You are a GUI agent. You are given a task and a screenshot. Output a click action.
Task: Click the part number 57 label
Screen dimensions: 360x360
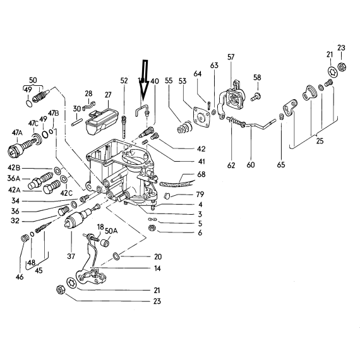pyautogui.click(x=231, y=57)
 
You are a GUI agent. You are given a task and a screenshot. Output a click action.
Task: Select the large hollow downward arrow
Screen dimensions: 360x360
pyautogui.click(x=144, y=80)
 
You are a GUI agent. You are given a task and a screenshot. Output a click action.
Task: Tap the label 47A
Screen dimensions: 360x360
pyautogui.click(x=18, y=133)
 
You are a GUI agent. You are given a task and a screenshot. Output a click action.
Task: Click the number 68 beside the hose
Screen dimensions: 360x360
pyautogui.click(x=201, y=174)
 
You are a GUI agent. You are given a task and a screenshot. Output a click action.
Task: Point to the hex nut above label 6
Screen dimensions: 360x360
pyautogui.click(x=152, y=228)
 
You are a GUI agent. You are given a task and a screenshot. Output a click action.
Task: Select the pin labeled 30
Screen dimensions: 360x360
pyautogui.click(x=76, y=122)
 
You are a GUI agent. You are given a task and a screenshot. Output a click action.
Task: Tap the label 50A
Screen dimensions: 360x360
pyautogui.click(x=111, y=231)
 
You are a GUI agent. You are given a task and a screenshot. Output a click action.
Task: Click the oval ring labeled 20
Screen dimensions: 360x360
pyautogui.click(x=116, y=256)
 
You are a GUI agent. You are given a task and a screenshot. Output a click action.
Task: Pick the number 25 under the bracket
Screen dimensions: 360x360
pyautogui.click(x=320, y=141)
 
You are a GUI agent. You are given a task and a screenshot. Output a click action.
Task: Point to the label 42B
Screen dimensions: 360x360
pyautogui.click(x=14, y=168)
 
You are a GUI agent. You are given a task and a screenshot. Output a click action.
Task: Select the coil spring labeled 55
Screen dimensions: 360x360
pyautogui.click(x=184, y=128)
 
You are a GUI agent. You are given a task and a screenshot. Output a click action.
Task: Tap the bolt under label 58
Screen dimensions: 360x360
pyautogui.click(x=255, y=97)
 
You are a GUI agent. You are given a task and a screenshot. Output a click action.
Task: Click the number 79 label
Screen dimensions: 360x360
pyautogui.click(x=200, y=195)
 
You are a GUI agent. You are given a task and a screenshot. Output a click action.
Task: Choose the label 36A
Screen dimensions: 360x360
pyautogui.click(x=15, y=178)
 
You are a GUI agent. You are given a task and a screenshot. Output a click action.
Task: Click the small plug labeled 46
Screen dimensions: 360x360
pyautogui.click(x=25, y=238)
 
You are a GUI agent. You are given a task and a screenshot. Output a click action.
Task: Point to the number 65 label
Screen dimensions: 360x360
pyautogui.click(x=281, y=165)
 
